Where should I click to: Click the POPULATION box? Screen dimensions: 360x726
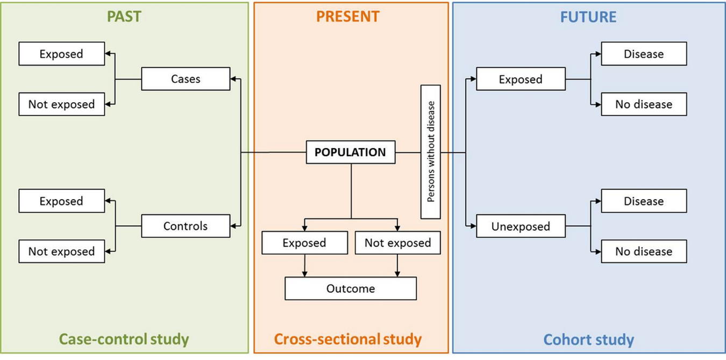350,152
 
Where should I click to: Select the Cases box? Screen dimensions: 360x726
186,79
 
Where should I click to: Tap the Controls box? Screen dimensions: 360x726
186,226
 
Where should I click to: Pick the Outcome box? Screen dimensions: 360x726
350,288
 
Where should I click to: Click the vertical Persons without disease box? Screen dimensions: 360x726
430,152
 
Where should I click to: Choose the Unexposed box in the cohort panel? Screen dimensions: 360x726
521,226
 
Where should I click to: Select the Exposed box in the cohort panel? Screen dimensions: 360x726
521,79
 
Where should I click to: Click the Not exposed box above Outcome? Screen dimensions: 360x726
397,243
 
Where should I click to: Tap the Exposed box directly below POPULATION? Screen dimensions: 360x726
304,243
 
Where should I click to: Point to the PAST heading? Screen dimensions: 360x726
124,17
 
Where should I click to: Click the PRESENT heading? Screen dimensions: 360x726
347,17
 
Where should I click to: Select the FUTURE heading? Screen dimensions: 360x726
588,17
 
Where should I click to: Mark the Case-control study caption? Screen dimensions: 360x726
124,340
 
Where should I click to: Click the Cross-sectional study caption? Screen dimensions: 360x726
348,340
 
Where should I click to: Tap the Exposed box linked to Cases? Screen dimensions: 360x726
61,54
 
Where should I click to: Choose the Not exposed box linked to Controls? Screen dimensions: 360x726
61,251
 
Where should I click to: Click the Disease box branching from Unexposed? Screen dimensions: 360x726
644,201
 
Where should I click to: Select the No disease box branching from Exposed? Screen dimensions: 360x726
644,104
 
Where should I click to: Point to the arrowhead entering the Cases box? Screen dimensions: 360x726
233,79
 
